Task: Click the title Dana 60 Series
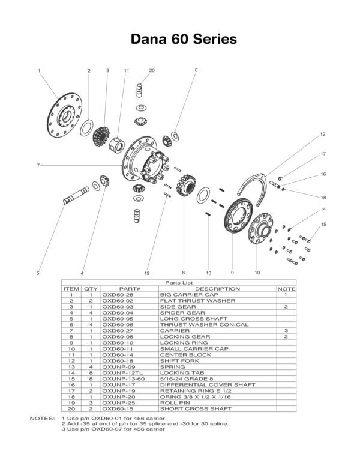180,39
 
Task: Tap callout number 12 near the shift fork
322,135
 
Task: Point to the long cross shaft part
77,196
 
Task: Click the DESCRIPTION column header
217,289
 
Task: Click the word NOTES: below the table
41,417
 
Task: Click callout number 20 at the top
152,70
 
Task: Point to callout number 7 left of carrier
38,165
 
